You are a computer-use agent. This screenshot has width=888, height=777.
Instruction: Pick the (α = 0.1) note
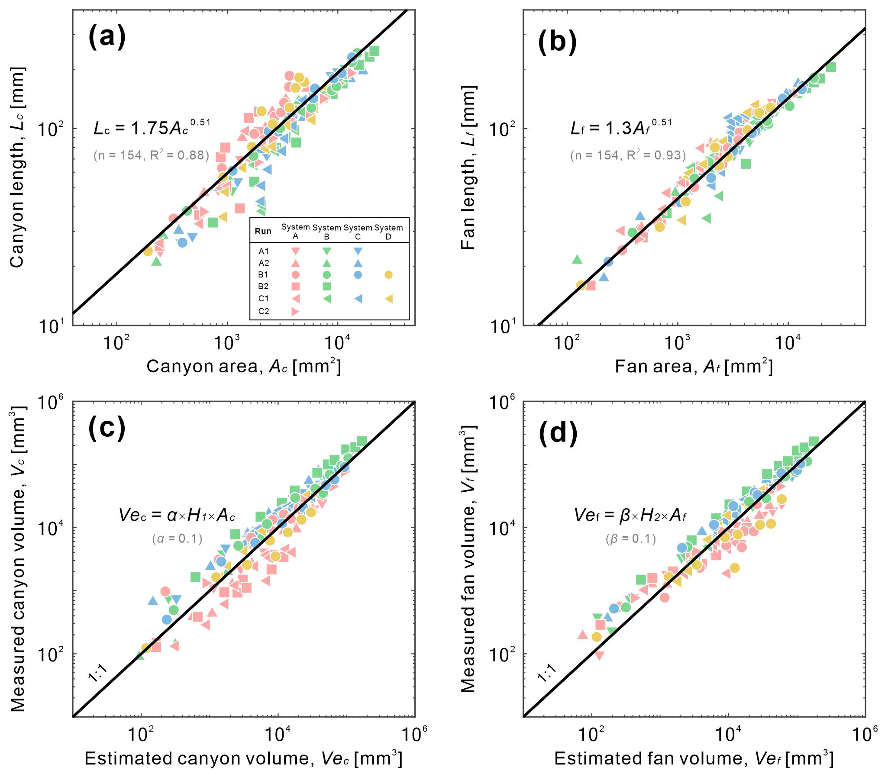178,539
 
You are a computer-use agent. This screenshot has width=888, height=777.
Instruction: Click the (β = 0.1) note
631,539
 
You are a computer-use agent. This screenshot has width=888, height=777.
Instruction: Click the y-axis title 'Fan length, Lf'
468,168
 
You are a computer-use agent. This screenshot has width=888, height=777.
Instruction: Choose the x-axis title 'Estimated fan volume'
694,758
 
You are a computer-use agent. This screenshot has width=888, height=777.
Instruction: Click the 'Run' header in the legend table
263,231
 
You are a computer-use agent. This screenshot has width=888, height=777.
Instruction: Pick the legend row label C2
264,311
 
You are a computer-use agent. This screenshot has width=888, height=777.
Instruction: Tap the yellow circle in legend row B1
388,274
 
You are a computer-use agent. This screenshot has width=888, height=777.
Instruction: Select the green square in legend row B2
327,286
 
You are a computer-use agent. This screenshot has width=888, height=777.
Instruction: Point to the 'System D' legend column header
388,232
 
